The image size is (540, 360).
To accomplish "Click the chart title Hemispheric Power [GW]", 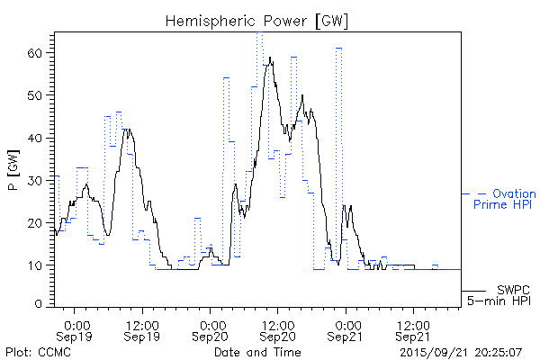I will click(257, 20).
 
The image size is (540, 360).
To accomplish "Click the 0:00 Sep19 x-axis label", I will click(76, 328).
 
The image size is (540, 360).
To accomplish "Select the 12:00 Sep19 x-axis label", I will click(144, 328).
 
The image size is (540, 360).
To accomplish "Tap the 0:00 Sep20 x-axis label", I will click(211, 328).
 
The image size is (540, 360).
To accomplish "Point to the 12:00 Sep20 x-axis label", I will click(279, 328).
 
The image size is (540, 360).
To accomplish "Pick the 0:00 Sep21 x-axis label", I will click(346, 328).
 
